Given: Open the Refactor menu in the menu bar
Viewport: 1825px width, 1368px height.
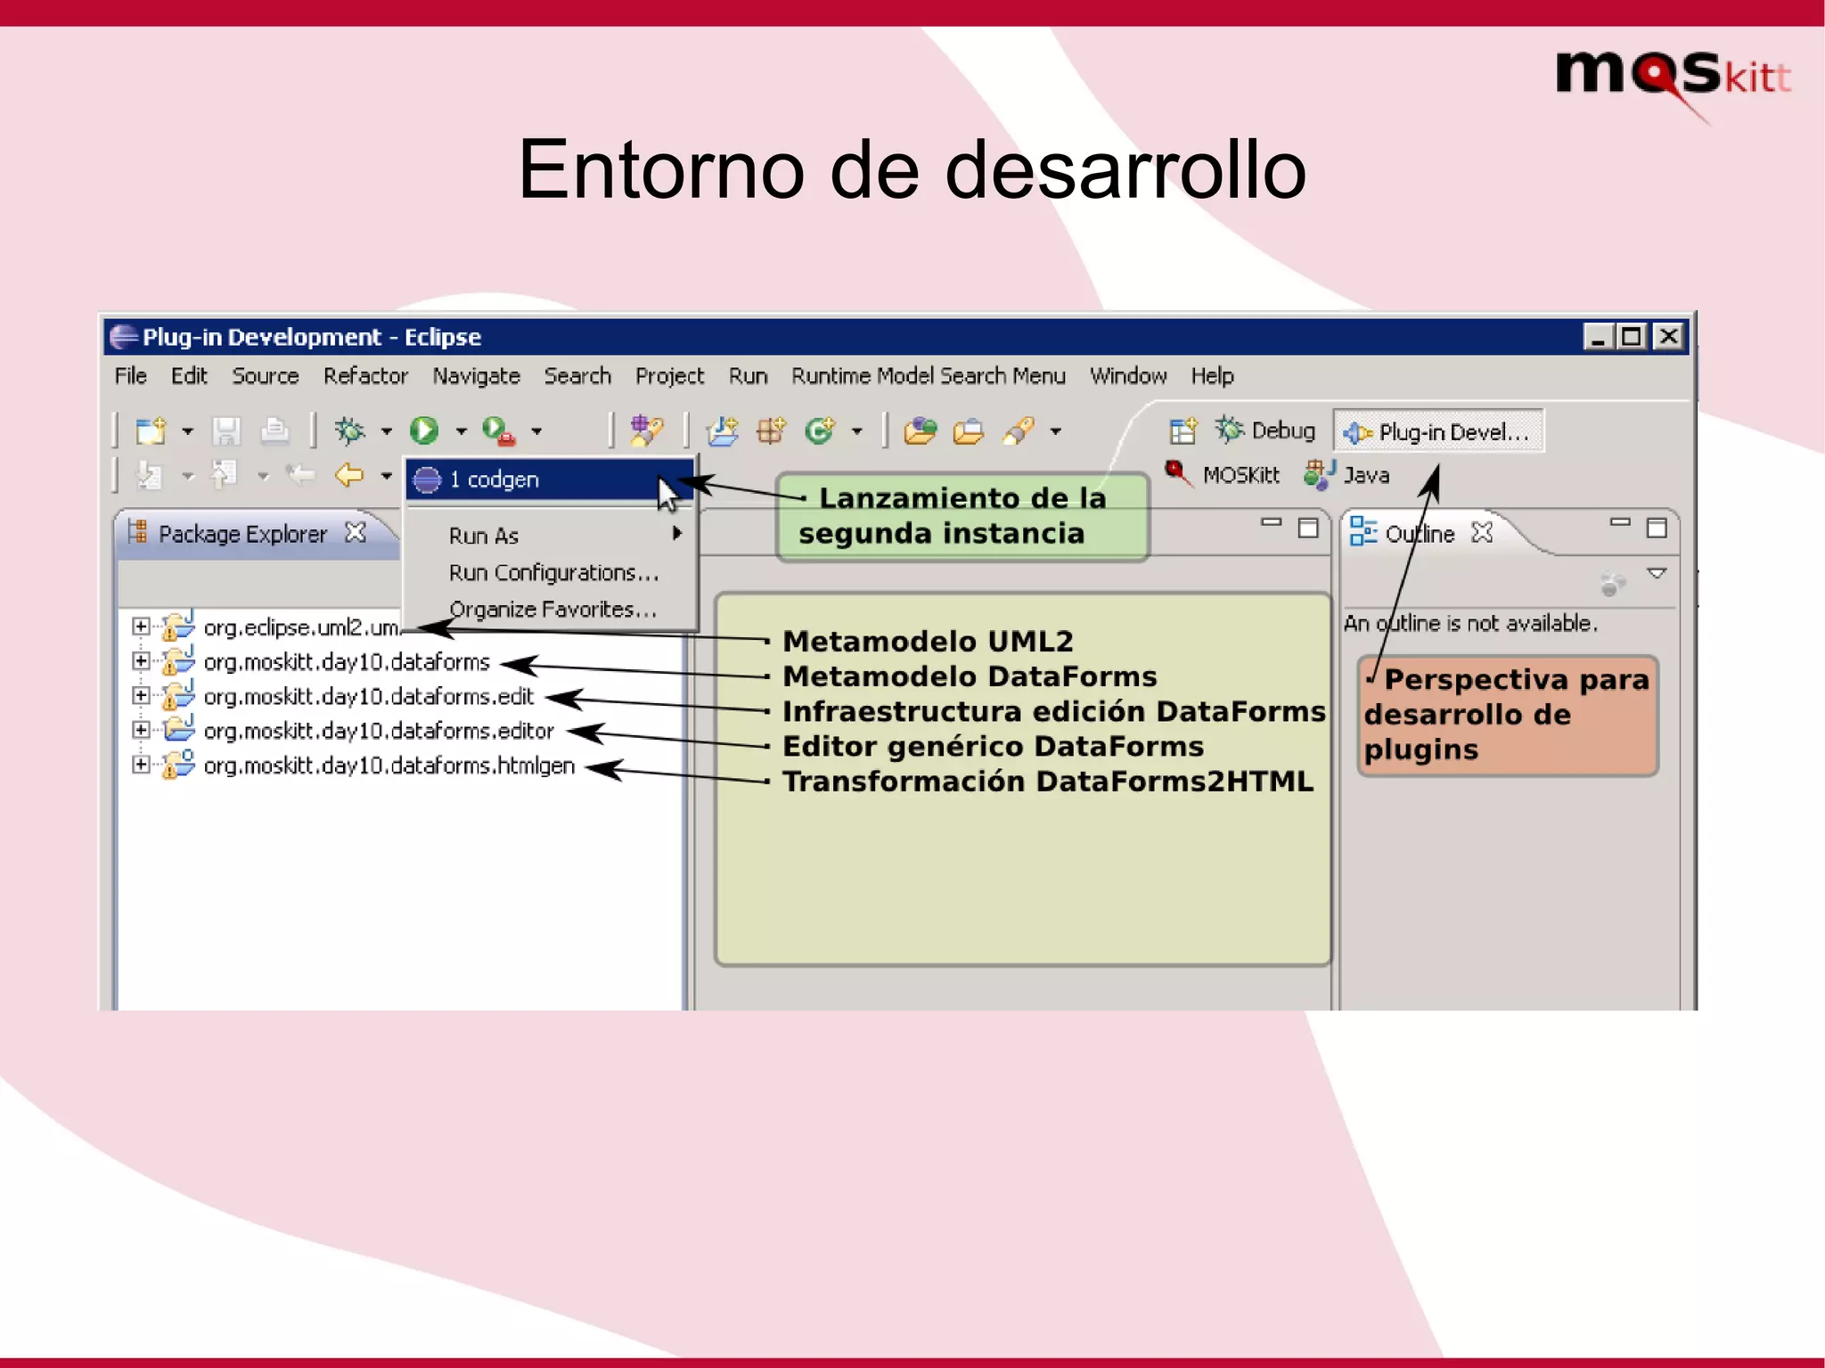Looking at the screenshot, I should tap(365, 376).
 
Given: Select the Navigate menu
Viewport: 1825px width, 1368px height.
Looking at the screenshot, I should tap(476, 376).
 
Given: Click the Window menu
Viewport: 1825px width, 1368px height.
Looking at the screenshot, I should tap(1127, 376).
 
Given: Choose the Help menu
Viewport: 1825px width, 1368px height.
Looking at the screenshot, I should tap(1212, 376).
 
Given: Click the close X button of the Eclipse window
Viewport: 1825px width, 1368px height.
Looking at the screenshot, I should tap(1668, 337).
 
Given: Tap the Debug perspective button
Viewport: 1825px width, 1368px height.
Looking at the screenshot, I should tap(1265, 431).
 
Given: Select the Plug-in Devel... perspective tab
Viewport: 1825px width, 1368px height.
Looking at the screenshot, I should tap(1438, 432).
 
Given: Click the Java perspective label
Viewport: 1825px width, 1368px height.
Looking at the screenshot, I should tap(1365, 475).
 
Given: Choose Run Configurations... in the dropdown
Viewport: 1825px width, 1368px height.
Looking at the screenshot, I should tap(553, 572).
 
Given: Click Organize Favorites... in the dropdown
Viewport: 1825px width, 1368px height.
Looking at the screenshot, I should tap(552, 610).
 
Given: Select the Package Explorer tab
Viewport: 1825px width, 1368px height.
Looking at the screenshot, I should tap(242, 534).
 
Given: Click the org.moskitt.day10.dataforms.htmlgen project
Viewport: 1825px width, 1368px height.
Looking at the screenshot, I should tap(389, 766).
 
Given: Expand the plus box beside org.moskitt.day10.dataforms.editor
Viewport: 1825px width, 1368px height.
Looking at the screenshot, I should tap(141, 730).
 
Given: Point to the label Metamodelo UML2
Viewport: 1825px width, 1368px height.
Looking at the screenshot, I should tap(928, 641).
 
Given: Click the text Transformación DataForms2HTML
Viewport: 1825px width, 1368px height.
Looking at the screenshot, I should tap(1047, 781).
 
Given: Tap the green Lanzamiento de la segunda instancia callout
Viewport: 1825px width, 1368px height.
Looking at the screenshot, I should tap(962, 516).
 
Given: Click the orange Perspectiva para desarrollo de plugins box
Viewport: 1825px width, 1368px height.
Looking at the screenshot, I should tap(1508, 715).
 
